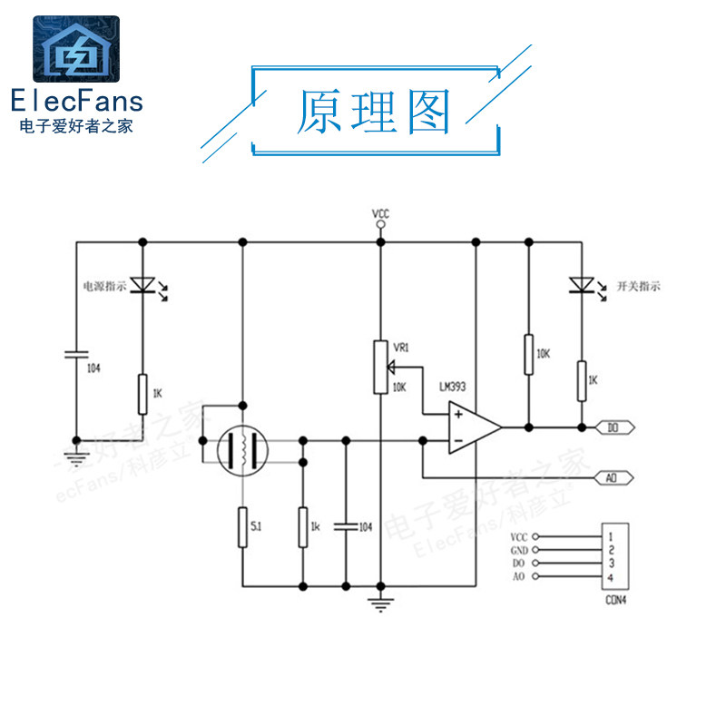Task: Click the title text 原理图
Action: point(374,113)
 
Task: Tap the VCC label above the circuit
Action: point(380,214)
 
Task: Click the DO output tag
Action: point(613,426)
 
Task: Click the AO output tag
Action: point(613,477)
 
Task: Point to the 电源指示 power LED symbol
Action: point(142,285)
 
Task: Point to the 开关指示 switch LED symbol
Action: point(580,285)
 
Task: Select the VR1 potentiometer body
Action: point(380,368)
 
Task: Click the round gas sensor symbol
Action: point(242,451)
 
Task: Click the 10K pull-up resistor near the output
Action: point(528,354)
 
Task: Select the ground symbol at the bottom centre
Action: point(380,603)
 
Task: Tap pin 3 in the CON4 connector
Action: point(613,564)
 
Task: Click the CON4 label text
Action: point(615,600)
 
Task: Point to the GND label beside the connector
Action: point(518,551)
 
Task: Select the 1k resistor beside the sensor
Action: point(303,527)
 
